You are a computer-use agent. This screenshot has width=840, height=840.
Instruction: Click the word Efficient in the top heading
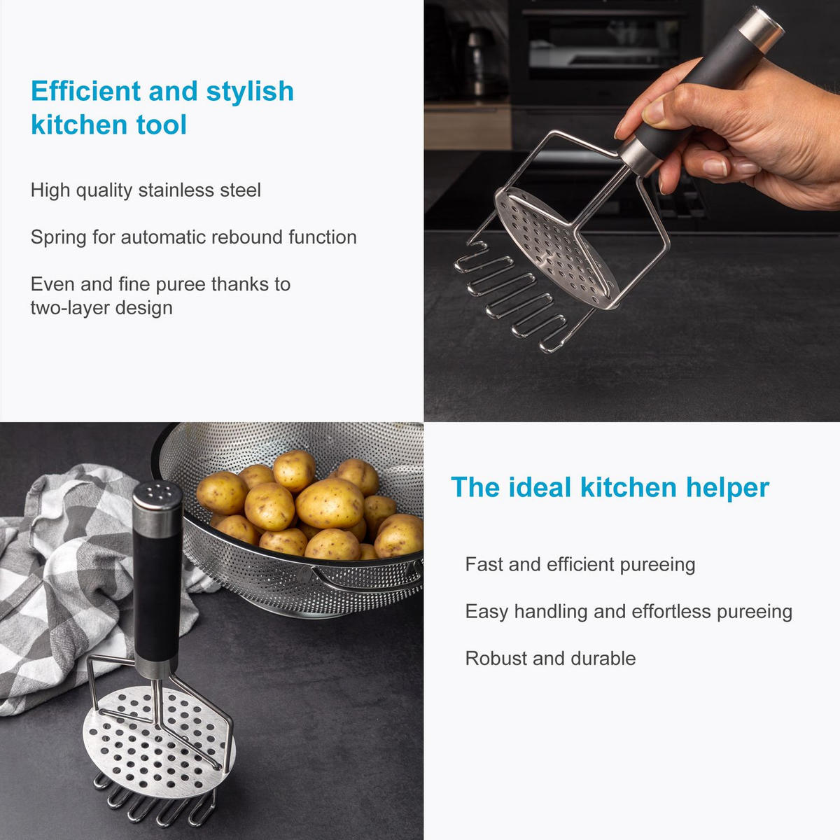[x=86, y=91]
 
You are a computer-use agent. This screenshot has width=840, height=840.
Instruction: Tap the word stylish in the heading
[x=250, y=92]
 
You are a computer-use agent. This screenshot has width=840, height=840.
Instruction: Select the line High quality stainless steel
[x=146, y=190]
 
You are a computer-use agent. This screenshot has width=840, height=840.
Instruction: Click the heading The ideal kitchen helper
[x=610, y=487]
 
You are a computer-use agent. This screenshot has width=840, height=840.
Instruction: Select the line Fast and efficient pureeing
[x=580, y=565]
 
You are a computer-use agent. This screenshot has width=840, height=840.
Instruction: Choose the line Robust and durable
[x=551, y=658]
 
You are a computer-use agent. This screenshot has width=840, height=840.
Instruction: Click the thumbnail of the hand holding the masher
[x=631, y=211]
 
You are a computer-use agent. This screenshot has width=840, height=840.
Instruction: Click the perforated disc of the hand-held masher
[x=556, y=249]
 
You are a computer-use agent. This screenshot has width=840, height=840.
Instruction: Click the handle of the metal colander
[x=366, y=575]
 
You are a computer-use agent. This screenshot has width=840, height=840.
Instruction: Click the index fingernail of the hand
[x=654, y=111]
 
